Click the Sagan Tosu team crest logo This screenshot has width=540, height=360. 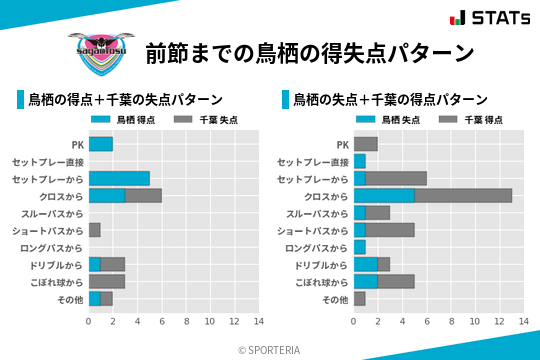click(x=97, y=50)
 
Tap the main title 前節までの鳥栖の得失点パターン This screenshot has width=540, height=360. click(x=309, y=52)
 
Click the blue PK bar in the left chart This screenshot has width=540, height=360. click(x=100, y=144)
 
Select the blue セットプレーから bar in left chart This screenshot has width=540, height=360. click(x=119, y=178)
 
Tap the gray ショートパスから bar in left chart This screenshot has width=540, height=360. click(x=94, y=230)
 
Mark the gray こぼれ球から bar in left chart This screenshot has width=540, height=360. click(x=106, y=281)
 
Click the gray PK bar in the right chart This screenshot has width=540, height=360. click(x=365, y=144)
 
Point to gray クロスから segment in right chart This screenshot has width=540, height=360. click(x=463, y=196)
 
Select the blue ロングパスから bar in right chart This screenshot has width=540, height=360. click(x=359, y=247)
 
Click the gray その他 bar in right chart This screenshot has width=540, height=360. click(x=359, y=298)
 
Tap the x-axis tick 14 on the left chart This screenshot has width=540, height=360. click(x=258, y=321)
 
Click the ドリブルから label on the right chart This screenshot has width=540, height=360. click(x=323, y=265)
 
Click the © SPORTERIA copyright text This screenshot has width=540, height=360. click(x=270, y=349)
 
